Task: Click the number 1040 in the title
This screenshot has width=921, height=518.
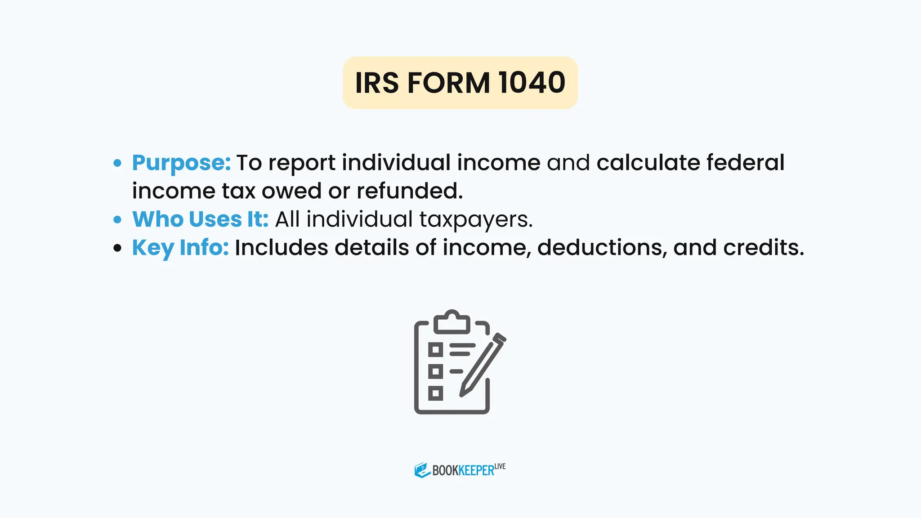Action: tap(531, 83)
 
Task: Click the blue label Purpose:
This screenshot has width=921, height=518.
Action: tap(181, 163)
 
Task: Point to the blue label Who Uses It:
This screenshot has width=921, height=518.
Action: tap(200, 219)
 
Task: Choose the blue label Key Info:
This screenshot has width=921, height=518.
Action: tap(180, 248)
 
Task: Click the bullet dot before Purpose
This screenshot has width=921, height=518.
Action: tap(117, 163)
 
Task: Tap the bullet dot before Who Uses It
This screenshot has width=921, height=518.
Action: tap(117, 219)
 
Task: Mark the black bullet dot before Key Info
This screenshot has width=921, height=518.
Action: tap(117, 248)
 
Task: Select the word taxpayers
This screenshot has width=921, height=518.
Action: tap(476, 220)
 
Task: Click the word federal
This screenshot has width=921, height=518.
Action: tap(745, 162)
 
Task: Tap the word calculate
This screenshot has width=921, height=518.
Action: tap(648, 162)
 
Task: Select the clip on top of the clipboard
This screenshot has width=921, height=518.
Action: tap(452, 321)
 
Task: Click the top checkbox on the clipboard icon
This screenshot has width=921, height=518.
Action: tap(435, 349)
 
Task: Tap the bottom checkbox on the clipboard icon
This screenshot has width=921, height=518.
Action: tap(435, 393)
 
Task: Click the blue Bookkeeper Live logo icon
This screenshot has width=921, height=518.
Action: tap(422, 470)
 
